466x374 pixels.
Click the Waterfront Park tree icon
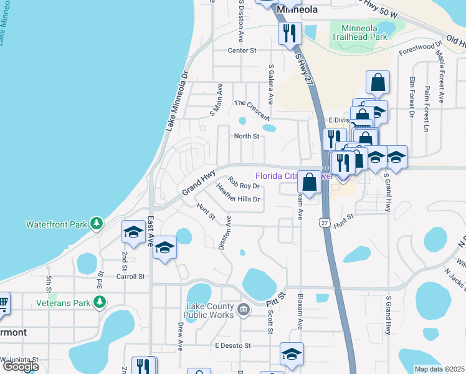coord(96,223)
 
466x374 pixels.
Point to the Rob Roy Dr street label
coord(243,185)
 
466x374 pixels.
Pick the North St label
coord(246,136)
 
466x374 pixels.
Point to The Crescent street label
coord(251,110)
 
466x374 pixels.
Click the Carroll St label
coord(130,276)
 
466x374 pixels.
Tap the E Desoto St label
coord(232,345)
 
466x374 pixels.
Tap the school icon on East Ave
coord(164,249)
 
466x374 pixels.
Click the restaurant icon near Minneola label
coord(289,33)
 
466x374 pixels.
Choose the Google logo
coord(20,366)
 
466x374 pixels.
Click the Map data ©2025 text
coord(439,369)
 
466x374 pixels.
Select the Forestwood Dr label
coord(422,49)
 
